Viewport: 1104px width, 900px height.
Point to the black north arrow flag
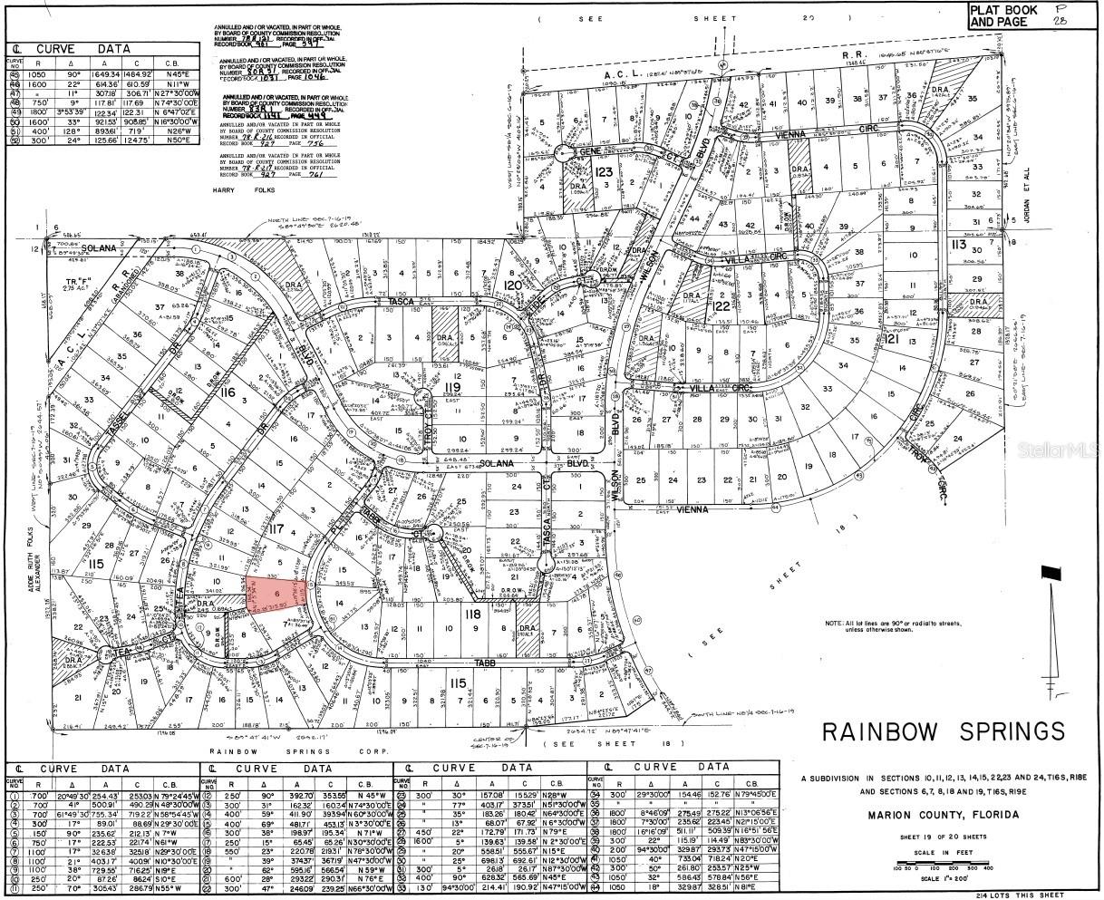coord(1051,573)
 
